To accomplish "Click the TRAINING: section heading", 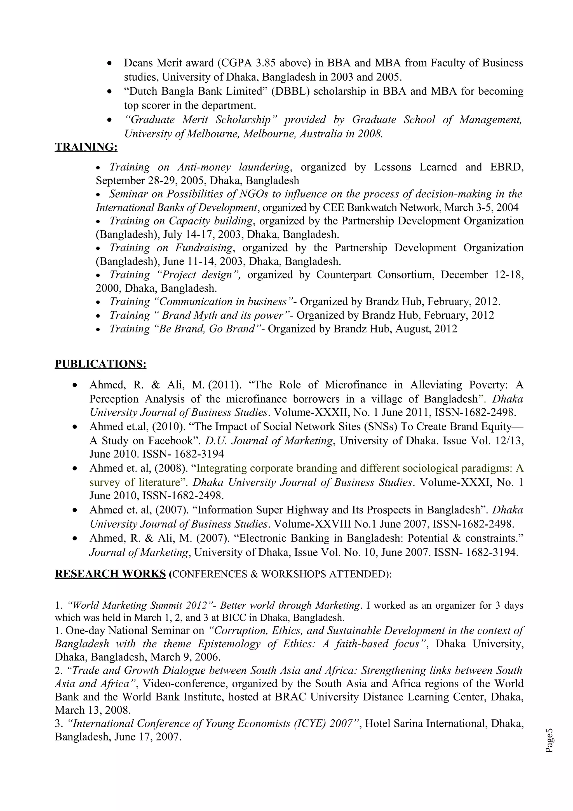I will [86, 147].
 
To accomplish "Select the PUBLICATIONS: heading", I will [100, 364].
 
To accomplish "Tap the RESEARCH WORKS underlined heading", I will [110, 574].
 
